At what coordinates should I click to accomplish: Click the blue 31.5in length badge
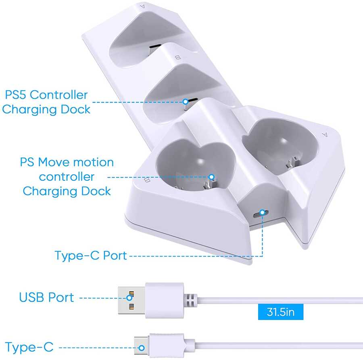coord(281,312)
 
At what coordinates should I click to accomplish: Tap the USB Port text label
coord(47,298)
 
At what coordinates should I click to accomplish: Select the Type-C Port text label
coord(91,255)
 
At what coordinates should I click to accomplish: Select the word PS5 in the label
coord(17,95)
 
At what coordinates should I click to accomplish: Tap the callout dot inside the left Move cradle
coord(211,177)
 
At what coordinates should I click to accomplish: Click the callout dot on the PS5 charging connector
coord(185,102)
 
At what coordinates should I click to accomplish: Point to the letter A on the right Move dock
coord(324,134)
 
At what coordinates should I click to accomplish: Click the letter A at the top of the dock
coord(142,6)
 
